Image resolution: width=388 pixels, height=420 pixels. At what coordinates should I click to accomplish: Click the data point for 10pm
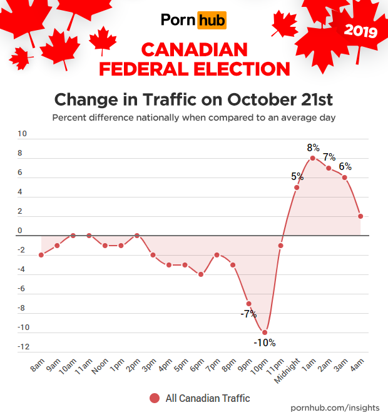(265, 332)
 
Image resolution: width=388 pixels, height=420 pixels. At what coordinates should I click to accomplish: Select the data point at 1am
(313, 158)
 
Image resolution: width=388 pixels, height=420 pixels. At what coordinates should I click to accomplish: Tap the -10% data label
(264, 342)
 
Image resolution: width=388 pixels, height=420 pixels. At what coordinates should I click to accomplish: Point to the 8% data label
(313, 148)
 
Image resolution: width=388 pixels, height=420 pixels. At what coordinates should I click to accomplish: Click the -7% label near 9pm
(248, 314)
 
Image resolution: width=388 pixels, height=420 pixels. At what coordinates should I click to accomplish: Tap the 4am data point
(360, 216)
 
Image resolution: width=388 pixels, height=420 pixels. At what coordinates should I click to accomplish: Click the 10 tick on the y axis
(23, 133)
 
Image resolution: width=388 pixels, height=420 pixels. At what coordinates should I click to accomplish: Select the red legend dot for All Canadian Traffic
(154, 398)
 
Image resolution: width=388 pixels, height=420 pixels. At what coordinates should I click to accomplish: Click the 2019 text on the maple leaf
(360, 31)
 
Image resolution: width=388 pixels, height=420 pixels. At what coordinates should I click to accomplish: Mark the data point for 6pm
(201, 274)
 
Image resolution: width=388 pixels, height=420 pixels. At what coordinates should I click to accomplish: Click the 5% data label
(297, 176)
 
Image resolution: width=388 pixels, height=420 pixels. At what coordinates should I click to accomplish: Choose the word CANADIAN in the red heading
(194, 49)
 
